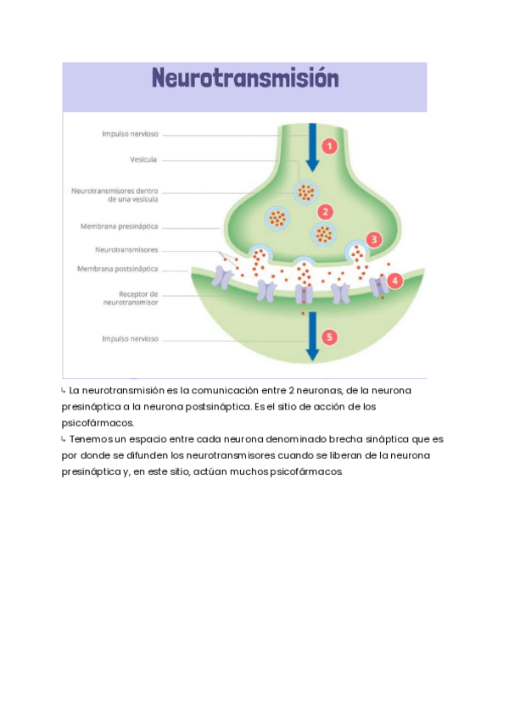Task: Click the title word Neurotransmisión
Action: click(x=245, y=79)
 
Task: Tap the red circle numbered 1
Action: click(x=331, y=146)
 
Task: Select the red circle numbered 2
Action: click(x=325, y=211)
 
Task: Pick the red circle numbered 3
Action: click(x=374, y=239)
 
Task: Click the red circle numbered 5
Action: click(x=330, y=337)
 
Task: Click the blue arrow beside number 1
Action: click(x=312, y=146)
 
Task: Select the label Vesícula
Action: click(x=143, y=159)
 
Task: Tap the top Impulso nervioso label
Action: click(x=130, y=134)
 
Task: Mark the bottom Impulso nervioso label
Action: click(x=130, y=338)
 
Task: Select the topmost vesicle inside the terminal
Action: click(x=305, y=192)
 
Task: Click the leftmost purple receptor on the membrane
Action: click(x=222, y=277)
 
